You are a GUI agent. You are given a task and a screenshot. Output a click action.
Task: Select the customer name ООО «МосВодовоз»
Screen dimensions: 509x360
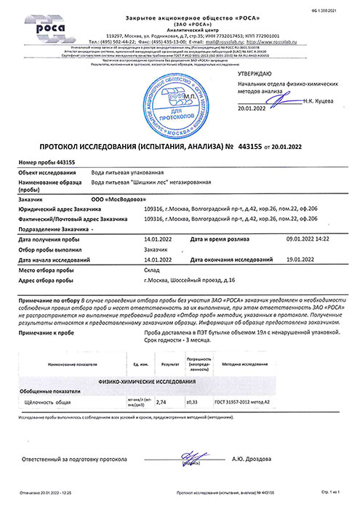click(x=101, y=197)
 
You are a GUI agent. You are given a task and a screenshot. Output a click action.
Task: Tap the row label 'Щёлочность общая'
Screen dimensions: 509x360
click(x=47, y=401)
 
